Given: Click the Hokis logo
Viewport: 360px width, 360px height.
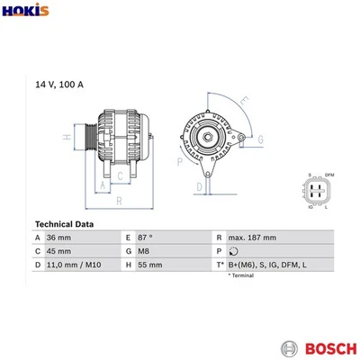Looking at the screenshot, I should coord(22,12).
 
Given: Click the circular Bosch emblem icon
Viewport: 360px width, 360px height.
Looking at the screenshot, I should coord(290,346).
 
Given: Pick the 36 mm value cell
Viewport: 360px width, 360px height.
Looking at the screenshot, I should coord(60,237).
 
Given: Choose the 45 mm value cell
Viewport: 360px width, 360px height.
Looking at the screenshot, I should coord(60,251).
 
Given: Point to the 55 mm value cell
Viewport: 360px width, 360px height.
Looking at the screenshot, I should coord(149,265).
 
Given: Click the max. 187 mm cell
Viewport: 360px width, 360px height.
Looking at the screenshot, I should coord(252,237).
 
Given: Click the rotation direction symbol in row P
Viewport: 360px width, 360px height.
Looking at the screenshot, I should coord(233,251).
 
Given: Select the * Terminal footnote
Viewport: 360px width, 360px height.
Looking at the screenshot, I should coord(241,275).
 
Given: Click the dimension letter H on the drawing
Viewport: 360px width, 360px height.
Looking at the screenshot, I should coord(66,137).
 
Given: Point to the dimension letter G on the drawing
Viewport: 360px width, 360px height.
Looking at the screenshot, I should coord(260,139).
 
